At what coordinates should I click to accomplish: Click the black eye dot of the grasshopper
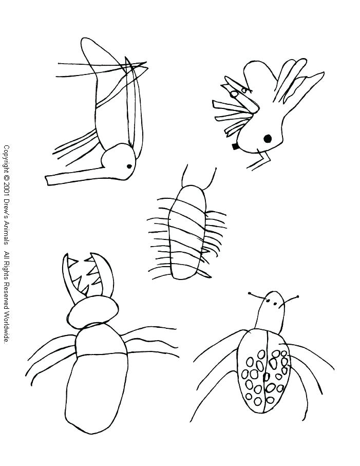coord(128,165)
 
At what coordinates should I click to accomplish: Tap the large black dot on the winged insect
coord(267,138)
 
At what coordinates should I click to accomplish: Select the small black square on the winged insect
coord(235,146)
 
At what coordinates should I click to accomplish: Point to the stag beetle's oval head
coord(92,310)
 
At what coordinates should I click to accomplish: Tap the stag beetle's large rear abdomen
coord(96,390)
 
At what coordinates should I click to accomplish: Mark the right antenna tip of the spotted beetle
coord(297,296)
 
